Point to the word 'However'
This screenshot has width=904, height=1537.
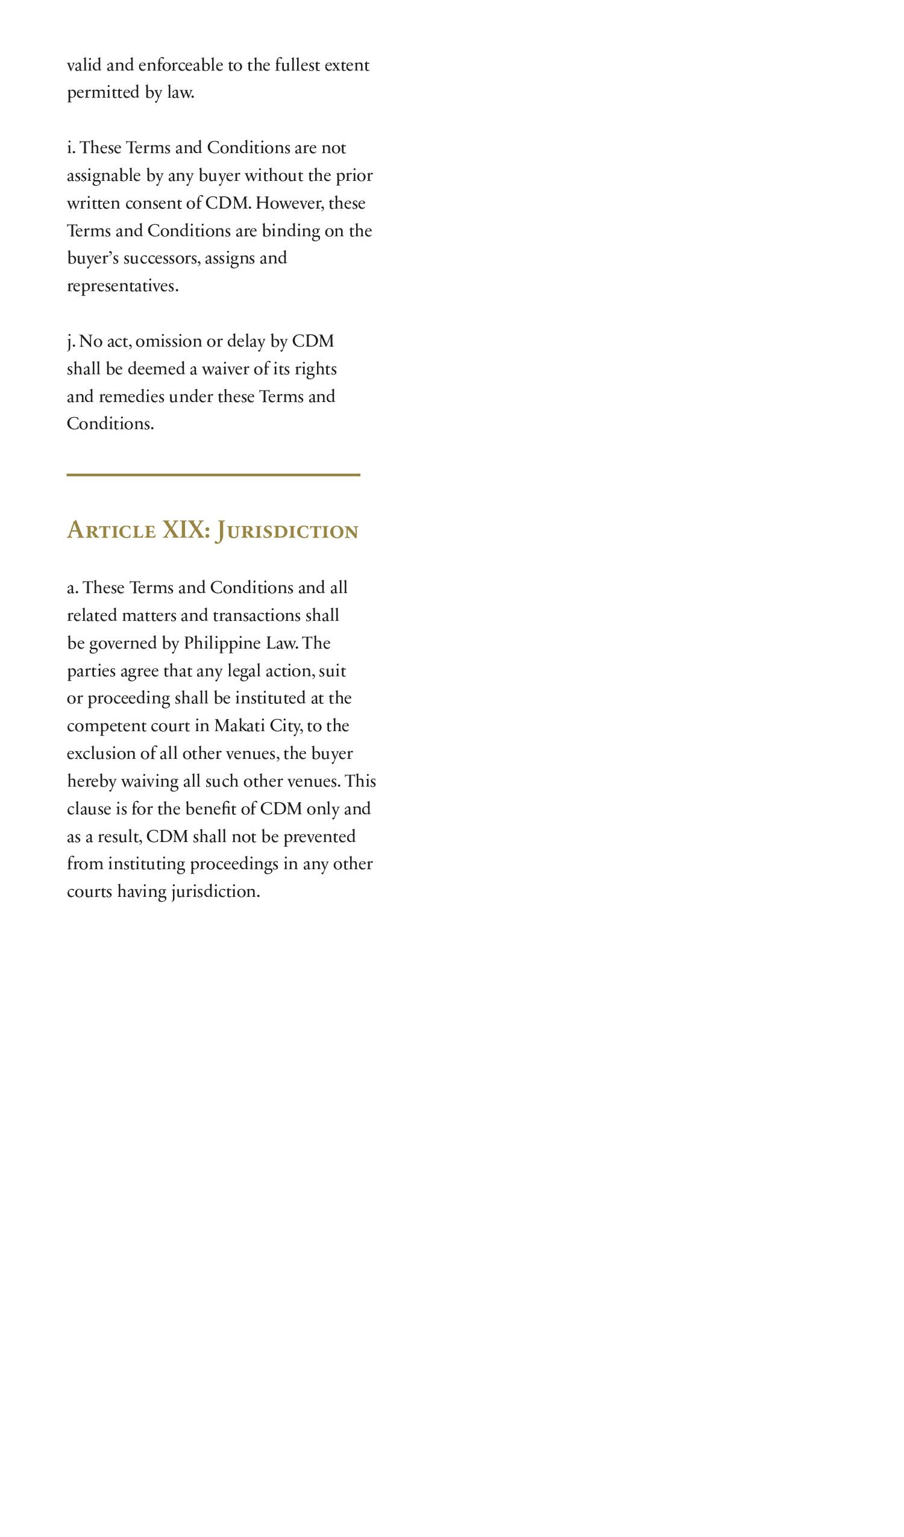289,203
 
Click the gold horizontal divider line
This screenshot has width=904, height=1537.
213,474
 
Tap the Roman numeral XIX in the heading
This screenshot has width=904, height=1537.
183,530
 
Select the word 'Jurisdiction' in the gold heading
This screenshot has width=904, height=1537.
287,530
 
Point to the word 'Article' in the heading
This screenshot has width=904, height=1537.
111,530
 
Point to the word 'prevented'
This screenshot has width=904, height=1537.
319,836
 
